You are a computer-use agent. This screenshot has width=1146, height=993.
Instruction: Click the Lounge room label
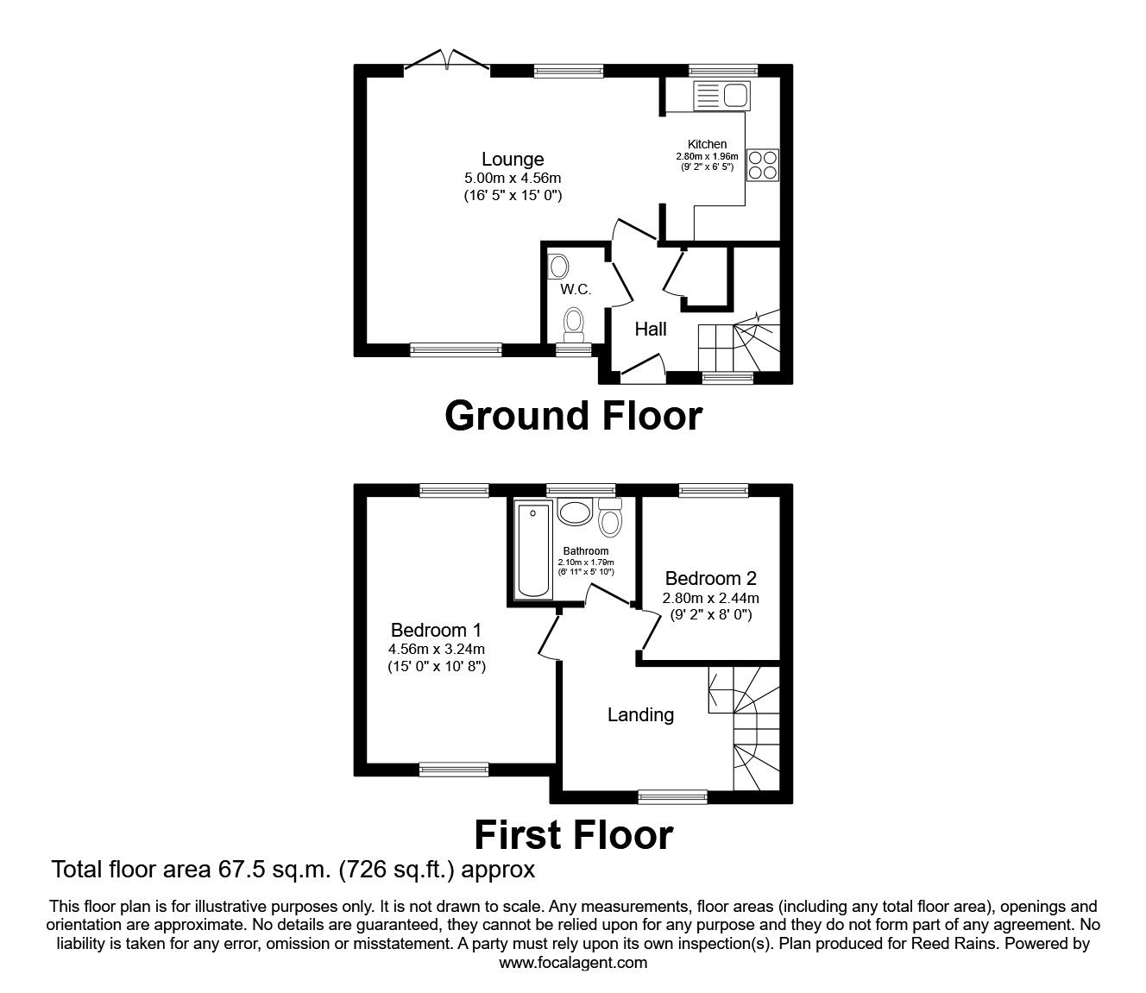pos(513,159)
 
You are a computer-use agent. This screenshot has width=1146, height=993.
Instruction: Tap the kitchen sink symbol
pos(723,95)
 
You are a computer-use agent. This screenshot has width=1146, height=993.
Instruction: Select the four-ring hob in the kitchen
pos(763,164)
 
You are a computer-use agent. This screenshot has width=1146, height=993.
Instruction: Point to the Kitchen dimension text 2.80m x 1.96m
pos(707,156)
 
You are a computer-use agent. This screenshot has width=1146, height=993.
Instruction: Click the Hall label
pos(651,329)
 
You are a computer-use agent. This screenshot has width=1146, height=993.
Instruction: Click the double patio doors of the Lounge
pos(447,61)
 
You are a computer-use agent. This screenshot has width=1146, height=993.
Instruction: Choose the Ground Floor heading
pos(573,416)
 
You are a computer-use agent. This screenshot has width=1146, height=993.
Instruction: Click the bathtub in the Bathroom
pos(532,550)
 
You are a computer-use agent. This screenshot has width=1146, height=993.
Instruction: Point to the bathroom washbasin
pos(573,512)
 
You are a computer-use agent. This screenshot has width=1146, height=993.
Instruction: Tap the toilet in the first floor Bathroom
pos(610,518)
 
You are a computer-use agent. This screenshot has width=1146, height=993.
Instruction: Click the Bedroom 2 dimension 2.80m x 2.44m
pos(710,598)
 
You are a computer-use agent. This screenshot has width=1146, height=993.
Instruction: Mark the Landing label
pos(640,714)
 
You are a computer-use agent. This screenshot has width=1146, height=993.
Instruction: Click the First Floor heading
pos(573,835)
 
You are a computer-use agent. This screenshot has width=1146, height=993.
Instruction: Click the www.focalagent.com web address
pos(573,963)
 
